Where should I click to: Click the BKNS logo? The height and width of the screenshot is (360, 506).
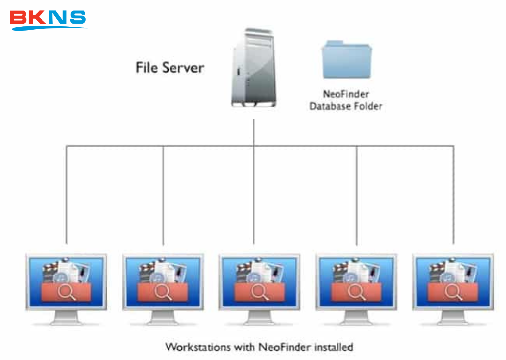tap(48, 19)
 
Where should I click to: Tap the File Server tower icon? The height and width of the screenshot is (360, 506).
tap(254, 69)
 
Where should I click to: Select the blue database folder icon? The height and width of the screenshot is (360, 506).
tap(346, 60)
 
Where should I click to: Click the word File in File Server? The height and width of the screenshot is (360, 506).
tap(147, 67)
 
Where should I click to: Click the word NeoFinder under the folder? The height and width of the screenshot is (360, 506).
tap(346, 94)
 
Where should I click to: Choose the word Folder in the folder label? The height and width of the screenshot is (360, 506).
tap(369, 106)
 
